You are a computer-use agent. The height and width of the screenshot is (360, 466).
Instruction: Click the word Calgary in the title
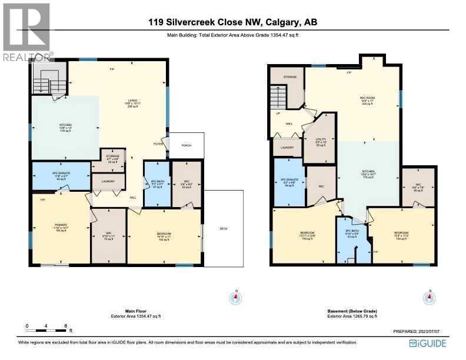pyautogui.click(x=282, y=24)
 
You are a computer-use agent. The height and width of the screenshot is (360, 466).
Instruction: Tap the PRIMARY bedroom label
pyautogui.click(x=61, y=228)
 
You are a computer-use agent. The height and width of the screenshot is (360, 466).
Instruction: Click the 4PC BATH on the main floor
pyautogui.click(x=157, y=184)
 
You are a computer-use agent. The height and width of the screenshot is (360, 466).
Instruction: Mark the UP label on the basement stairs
pyautogui.click(x=278, y=114)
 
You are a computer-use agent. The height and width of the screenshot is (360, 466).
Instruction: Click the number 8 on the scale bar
pyautogui.click(x=65, y=325)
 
